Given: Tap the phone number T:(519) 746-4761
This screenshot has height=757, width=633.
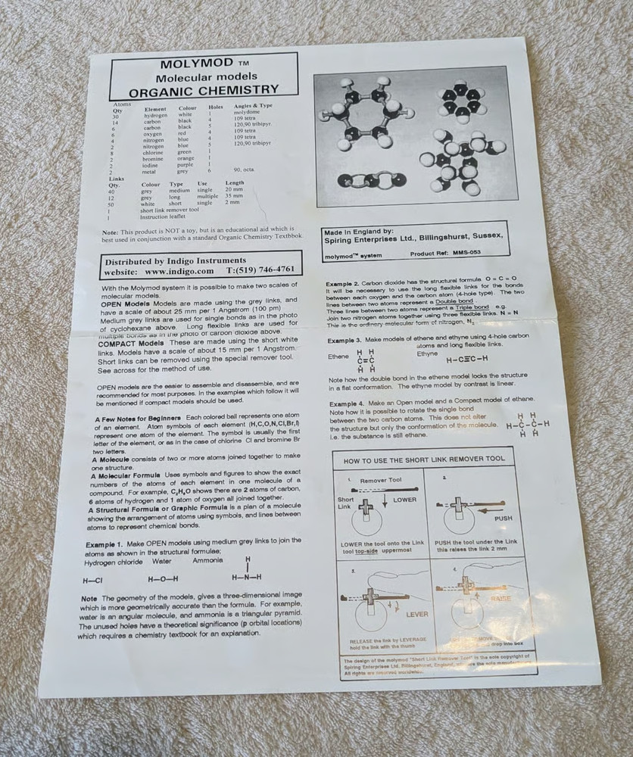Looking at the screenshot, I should pyautogui.click(x=260, y=269).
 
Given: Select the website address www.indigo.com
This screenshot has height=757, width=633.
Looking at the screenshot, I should pyautogui.click(x=179, y=270).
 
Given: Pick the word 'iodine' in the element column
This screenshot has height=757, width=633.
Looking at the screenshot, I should pyautogui.click(x=154, y=165).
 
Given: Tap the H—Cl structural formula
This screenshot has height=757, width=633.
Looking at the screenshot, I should pyautogui.click(x=92, y=580).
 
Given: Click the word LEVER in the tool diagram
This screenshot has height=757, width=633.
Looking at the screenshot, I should pyautogui.click(x=416, y=614).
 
